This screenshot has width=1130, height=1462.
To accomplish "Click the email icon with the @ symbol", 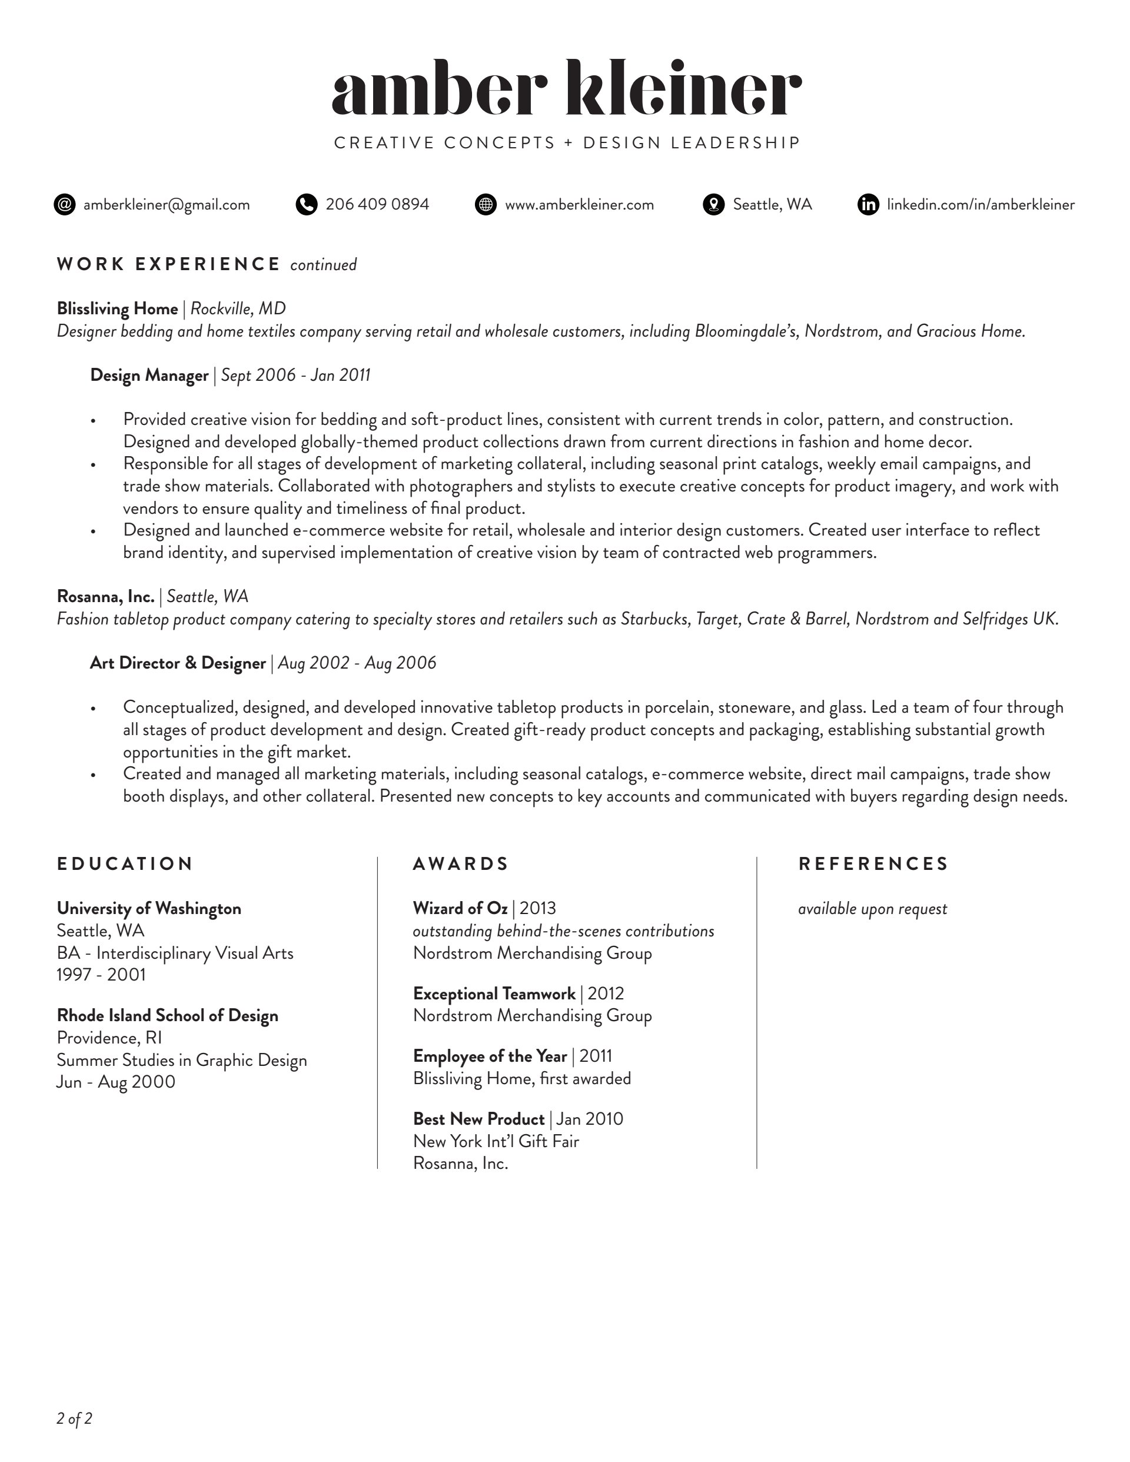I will [x=64, y=204].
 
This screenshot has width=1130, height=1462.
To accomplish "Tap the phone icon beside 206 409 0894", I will [x=306, y=204].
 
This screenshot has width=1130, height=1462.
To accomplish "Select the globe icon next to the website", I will [x=486, y=204].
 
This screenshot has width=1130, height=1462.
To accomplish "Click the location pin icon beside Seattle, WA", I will [x=714, y=204].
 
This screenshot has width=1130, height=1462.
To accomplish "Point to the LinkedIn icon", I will [x=868, y=204].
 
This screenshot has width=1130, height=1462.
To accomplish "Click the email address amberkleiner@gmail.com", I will [x=166, y=205].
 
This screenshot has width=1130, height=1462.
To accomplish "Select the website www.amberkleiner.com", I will [x=579, y=205].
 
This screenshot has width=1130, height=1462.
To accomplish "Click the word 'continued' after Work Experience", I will [x=323, y=265].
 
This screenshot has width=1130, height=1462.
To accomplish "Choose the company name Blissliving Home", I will [x=117, y=308].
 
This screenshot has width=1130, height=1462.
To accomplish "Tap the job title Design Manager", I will [x=149, y=376].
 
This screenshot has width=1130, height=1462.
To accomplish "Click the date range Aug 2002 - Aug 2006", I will [x=357, y=663].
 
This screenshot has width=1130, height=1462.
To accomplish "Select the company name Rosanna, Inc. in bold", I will [x=106, y=596].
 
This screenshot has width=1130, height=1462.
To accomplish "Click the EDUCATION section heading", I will [x=125, y=863].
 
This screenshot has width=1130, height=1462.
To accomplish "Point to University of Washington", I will [x=149, y=908].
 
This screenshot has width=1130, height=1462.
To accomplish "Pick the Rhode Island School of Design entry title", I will [x=167, y=1015].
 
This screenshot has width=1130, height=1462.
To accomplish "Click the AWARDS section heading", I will [x=461, y=863].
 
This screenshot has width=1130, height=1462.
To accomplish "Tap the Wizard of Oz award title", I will [x=460, y=908].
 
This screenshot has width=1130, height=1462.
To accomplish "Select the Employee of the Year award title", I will [x=489, y=1056].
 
